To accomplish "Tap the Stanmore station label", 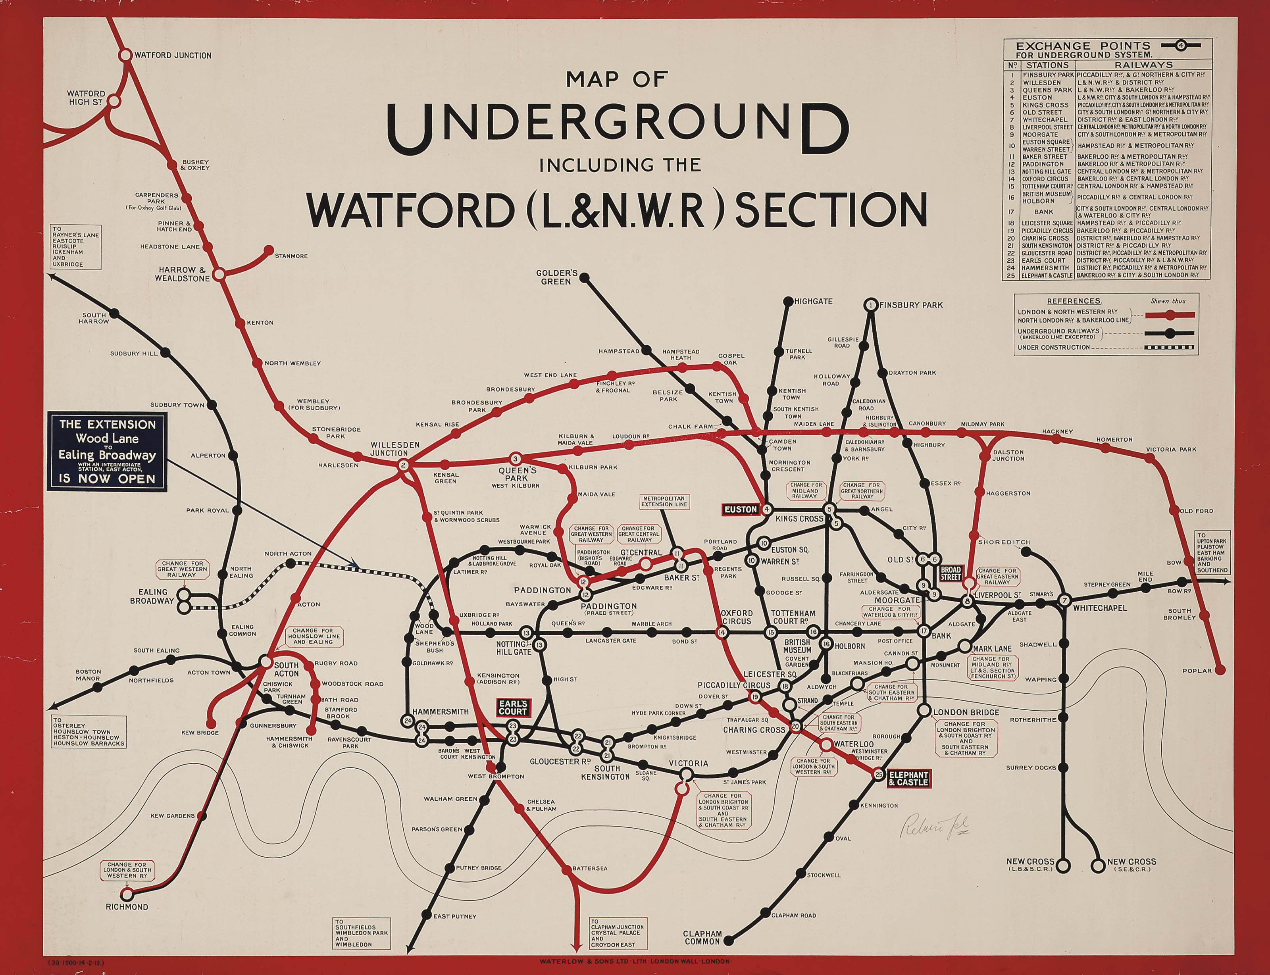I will pos(291,256).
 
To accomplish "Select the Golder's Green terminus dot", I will pos(585,278).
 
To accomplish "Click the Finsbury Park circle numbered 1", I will pos(871,305).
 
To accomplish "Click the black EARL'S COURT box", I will pos(512,708).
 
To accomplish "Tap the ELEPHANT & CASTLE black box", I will pos(908,778).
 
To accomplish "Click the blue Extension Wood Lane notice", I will pos(108,452).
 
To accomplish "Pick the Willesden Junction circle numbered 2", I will pos(404,465).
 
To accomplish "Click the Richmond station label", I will pos(127,906).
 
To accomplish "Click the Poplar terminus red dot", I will pos(1220,670).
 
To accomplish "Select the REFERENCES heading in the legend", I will pos(1074,301).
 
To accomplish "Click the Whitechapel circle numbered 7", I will pos(1064,601).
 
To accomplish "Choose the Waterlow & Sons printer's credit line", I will pos(635,962).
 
